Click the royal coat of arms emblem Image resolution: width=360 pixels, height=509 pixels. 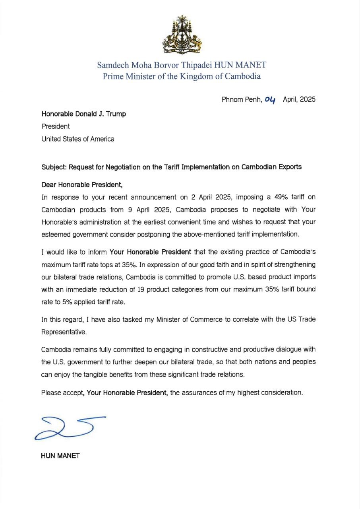(x=182, y=35)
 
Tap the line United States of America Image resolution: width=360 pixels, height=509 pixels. (x=78, y=139)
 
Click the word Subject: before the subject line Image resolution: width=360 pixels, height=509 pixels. (x=54, y=167)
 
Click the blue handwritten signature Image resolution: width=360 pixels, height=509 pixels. (x=70, y=427)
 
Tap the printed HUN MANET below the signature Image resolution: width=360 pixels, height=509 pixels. (x=60, y=456)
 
